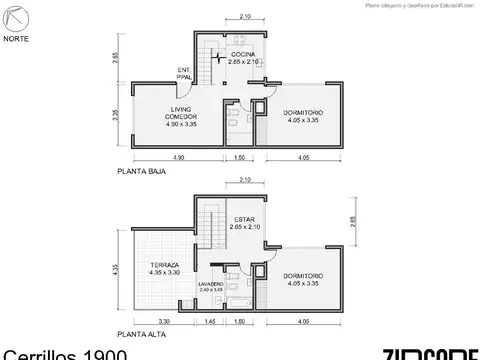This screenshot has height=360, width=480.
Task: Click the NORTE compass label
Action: (x=17, y=39)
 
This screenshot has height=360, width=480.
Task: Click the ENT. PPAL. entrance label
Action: (x=184, y=72)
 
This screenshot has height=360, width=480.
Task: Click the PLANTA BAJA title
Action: (x=141, y=172)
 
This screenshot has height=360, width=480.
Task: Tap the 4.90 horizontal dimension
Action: (x=177, y=158)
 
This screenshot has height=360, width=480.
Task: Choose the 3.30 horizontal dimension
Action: (x=163, y=322)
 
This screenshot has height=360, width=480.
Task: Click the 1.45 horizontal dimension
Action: (x=211, y=322)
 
